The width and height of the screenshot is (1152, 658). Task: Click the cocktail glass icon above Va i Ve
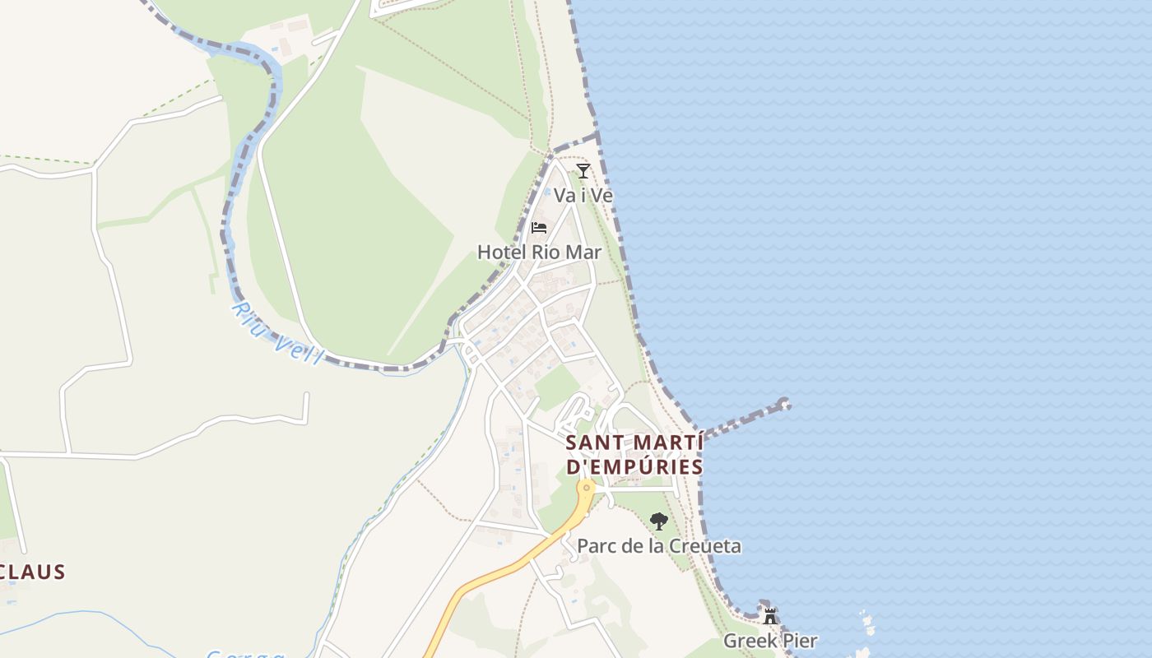click(x=583, y=171)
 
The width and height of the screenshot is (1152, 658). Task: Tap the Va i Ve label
click(x=583, y=196)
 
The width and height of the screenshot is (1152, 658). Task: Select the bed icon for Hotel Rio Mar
click(x=539, y=227)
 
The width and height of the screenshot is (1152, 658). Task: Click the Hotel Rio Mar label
click(x=539, y=252)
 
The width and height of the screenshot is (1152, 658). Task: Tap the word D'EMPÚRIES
click(x=634, y=467)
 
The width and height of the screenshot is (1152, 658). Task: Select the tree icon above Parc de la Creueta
click(x=658, y=521)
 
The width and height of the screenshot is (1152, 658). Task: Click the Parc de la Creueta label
click(x=658, y=546)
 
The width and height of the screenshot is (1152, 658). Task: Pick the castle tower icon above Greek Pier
click(x=770, y=615)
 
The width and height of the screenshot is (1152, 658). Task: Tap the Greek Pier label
click(x=770, y=640)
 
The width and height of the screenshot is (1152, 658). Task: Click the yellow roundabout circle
click(x=586, y=488)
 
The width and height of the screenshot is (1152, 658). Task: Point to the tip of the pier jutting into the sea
click(x=784, y=404)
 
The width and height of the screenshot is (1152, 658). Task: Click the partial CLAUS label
click(x=33, y=572)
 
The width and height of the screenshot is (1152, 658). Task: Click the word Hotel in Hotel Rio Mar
click(x=500, y=252)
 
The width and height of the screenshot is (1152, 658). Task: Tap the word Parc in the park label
click(x=596, y=546)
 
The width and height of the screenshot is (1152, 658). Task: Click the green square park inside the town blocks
click(x=557, y=387)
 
